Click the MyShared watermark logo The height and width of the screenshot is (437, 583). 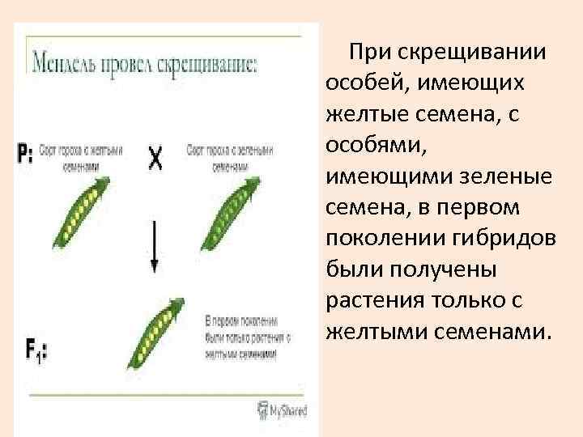(283, 409)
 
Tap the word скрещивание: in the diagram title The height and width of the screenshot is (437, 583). (211, 64)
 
